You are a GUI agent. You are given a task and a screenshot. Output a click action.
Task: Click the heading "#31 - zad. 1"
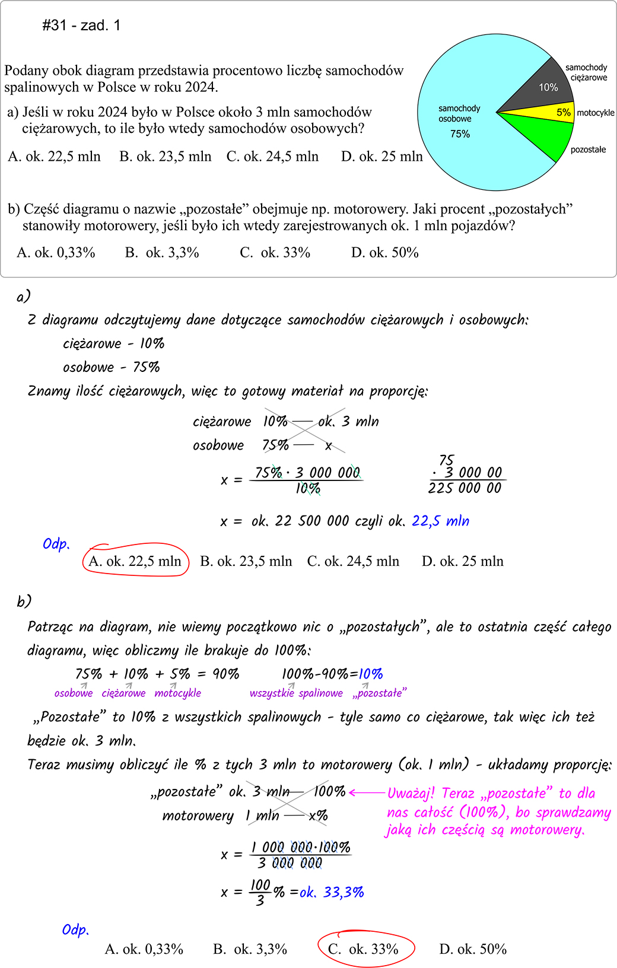click(x=81, y=26)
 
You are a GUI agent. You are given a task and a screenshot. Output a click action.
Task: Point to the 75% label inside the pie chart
click(x=460, y=134)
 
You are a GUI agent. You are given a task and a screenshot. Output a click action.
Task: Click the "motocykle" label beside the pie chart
click(x=595, y=113)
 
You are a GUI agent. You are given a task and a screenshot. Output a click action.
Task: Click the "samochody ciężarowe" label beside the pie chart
click(x=587, y=72)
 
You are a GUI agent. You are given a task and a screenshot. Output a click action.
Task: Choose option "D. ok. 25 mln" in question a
click(x=381, y=157)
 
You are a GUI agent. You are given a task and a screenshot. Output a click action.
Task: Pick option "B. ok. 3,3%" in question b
click(x=162, y=253)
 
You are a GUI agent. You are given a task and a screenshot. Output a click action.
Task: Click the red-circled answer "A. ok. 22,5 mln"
click(x=135, y=561)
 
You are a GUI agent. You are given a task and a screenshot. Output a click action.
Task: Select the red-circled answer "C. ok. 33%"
click(x=363, y=949)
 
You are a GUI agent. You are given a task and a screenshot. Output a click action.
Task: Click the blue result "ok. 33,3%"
click(x=332, y=892)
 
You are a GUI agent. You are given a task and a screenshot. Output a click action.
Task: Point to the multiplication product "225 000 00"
click(x=465, y=488)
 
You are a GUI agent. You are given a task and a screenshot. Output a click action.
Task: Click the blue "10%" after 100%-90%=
click(x=371, y=674)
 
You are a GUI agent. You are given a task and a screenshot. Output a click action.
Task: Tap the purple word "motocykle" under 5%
click(x=177, y=693)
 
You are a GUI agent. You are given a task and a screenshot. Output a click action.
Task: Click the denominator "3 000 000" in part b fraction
click(x=290, y=864)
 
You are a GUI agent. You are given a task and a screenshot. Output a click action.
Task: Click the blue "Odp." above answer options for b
click(x=75, y=929)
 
